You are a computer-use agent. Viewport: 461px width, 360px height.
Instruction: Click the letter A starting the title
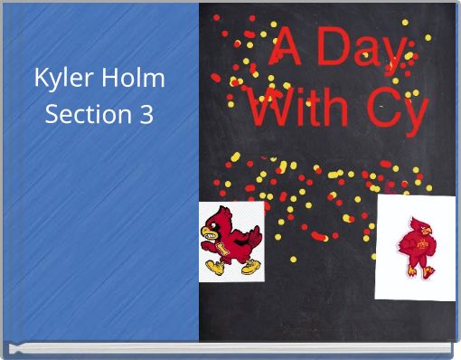(x=290, y=47)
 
